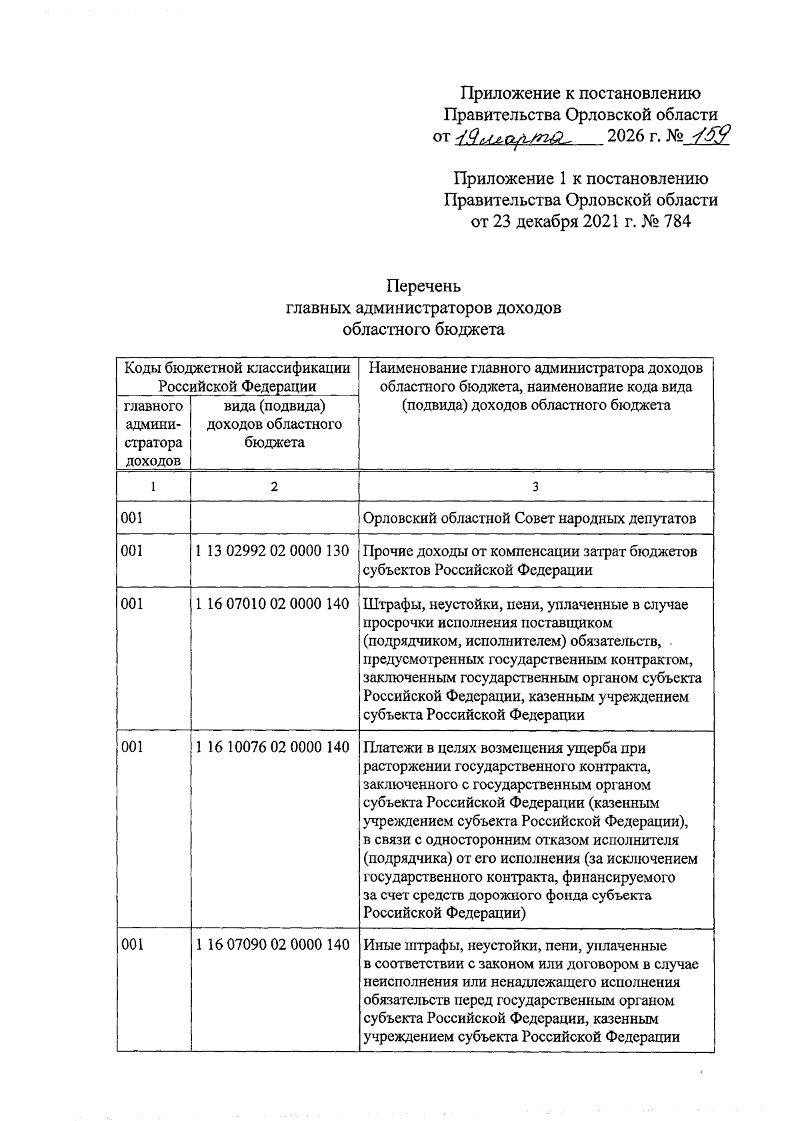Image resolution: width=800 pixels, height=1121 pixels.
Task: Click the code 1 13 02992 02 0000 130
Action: (272, 551)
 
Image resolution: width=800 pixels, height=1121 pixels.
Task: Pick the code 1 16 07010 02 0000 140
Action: (272, 604)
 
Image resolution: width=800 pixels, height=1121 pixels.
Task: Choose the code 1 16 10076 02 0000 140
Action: (272, 747)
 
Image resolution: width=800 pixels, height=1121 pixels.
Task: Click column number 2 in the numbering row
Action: (274, 487)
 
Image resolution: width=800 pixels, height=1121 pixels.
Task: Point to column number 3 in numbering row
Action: (535, 487)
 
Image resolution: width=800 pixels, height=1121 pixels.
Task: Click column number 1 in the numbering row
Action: (153, 487)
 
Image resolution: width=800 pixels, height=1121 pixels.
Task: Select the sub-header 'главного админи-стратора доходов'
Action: (153, 433)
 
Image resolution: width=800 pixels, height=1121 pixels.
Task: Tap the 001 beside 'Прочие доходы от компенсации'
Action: (133, 551)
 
